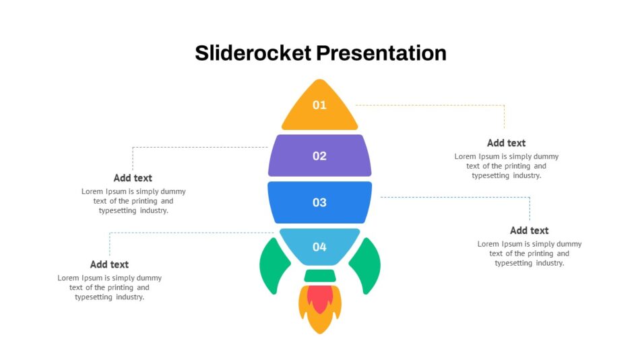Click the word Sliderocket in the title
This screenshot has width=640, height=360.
[x=253, y=53]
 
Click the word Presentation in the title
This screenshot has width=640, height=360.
[x=381, y=53]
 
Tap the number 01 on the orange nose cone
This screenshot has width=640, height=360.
[x=319, y=105]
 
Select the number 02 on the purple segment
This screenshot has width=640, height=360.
[x=319, y=156]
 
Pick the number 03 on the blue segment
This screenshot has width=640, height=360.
[x=319, y=202]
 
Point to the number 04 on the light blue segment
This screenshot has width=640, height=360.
[x=319, y=247]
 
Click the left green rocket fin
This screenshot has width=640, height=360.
[x=274, y=266]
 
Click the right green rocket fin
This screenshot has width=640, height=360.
[x=365, y=266]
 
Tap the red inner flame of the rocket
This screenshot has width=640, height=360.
[x=320, y=298]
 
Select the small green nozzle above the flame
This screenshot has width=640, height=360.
[x=320, y=276]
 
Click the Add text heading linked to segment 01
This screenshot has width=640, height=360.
[x=506, y=143]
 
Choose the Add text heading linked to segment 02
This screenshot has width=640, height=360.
[x=133, y=178]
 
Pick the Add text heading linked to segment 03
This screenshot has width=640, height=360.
[x=530, y=231]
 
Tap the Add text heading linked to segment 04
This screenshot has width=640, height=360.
[x=109, y=264]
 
